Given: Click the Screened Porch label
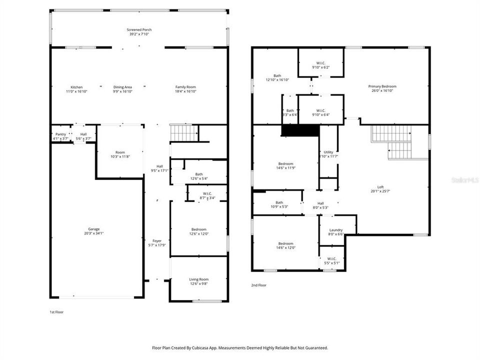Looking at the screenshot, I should point(139,30).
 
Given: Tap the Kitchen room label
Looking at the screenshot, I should point(76,87).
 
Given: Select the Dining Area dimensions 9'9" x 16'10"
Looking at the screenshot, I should point(122,91).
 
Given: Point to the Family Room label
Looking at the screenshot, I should point(185,87).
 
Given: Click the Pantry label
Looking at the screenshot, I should point(60,134).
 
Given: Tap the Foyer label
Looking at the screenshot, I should point(157,240).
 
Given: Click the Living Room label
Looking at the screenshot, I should point(198,279).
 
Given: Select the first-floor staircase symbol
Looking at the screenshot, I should point(184,133).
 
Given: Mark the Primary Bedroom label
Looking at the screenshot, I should point(382,86).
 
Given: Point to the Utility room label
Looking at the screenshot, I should point(328,152).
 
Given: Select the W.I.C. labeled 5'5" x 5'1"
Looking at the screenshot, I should point(332,260).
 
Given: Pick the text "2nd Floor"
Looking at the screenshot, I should point(258,285).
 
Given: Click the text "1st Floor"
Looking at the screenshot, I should point(56,311).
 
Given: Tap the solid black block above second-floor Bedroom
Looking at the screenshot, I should point(300,130).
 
